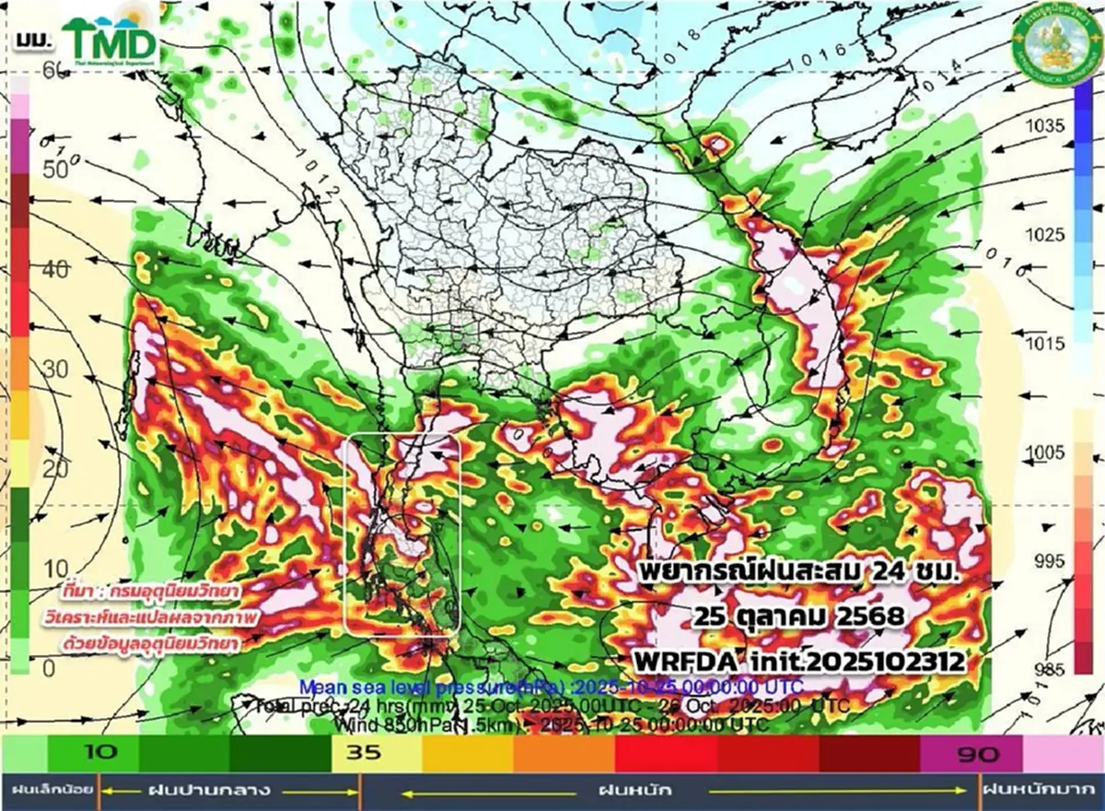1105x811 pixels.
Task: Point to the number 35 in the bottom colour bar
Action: tap(363, 752)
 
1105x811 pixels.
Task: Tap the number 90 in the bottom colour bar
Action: tap(977, 756)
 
